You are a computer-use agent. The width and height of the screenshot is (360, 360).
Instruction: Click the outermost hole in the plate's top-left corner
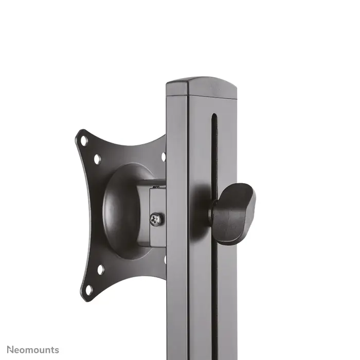click(83, 140)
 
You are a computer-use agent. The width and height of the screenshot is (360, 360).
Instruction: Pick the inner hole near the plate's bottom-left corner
click(100, 268)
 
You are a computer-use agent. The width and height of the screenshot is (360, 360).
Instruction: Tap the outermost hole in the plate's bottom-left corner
click(88, 290)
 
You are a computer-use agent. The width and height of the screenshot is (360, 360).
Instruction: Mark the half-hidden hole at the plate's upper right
click(164, 157)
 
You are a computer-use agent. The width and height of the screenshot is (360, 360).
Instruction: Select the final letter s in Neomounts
click(57, 350)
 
